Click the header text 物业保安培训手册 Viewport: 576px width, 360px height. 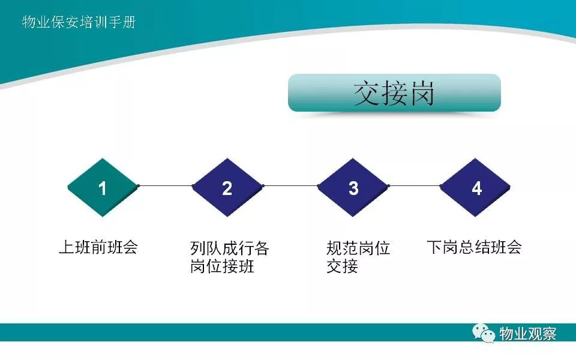coord(79,22)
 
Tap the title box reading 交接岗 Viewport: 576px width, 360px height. coord(394,93)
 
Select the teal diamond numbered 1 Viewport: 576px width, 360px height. coord(103,187)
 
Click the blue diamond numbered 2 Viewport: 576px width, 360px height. coord(228,187)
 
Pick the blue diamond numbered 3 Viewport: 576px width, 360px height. coord(353,187)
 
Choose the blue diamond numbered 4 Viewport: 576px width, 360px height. coord(475,187)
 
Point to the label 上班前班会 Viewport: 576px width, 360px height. coord(98,247)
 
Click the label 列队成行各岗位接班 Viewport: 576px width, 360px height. coord(230,257)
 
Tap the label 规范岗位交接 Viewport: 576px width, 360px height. coord(358,257)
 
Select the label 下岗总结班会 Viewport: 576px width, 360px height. coord(474,247)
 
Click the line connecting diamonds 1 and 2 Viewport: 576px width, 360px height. coord(166,186)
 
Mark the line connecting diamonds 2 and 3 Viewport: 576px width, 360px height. coord(290,186)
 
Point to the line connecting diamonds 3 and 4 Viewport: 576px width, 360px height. coord(414,186)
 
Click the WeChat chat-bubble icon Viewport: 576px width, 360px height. coord(484,333)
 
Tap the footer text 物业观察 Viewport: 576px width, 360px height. coord(527,334)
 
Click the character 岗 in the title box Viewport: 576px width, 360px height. coord(422,94)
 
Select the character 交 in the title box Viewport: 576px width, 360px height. coord(366,94)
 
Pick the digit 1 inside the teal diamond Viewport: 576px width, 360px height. coord(103,188)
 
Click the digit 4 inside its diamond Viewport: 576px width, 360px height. coord(476,188)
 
